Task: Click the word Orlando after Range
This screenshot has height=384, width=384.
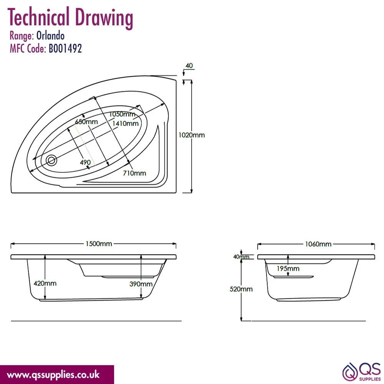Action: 50,36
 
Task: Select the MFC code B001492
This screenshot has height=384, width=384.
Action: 65,48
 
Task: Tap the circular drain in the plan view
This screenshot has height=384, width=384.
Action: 51,161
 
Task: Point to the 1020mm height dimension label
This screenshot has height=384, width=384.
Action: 192,135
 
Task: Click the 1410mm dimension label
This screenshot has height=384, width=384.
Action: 126,123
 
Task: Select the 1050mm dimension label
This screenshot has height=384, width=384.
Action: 122,114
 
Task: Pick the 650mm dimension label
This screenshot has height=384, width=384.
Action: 86,121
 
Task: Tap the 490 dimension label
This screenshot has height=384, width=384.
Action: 85,162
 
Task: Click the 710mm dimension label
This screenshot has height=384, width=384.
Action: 134,173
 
